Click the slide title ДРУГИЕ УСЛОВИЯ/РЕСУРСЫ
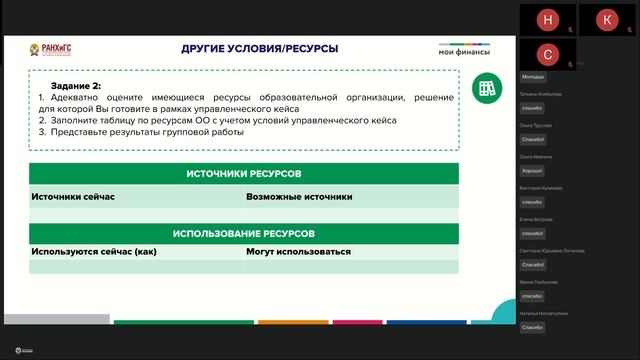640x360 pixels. pyautogui.click(x=259, y=48)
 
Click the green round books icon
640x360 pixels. pyautogui.click(x=486, y=88)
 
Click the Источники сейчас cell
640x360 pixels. pyautogui.click(x=73, y=197)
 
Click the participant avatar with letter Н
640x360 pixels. pyautogui.click(x=546, y=19)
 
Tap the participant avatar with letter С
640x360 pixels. pyautogui.click(x=546, y=54)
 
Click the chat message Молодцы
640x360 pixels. pyautogui.click(x=533, y=77)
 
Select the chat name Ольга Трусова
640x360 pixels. pyautogui.click(x=535, y=125)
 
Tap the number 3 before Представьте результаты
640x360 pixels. pyautogui.click(x=42, y=132)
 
